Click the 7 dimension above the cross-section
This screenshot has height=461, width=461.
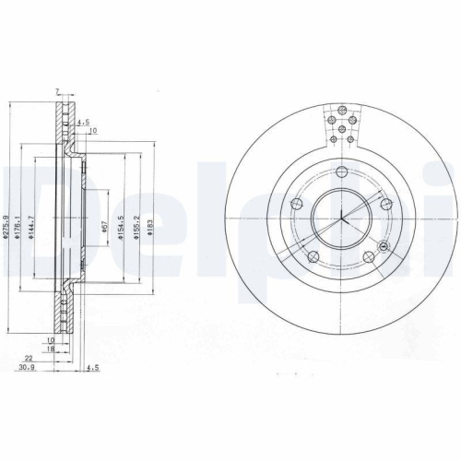pos(57,91)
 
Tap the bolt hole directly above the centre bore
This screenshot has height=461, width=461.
pos(341,171)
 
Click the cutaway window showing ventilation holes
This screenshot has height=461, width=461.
pos(341,129)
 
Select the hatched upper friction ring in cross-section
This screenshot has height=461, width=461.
pos(64,124)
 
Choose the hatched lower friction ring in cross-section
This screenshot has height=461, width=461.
pos(64,313)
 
